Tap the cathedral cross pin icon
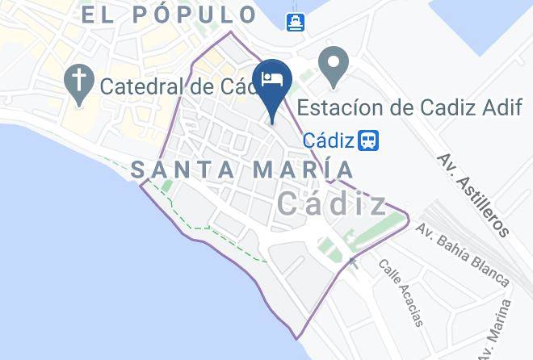click(78, 84)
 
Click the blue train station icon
click(369, 140)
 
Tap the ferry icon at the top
click(296, 20)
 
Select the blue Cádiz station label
click(328, 140)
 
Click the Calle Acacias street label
click(401, 292)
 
